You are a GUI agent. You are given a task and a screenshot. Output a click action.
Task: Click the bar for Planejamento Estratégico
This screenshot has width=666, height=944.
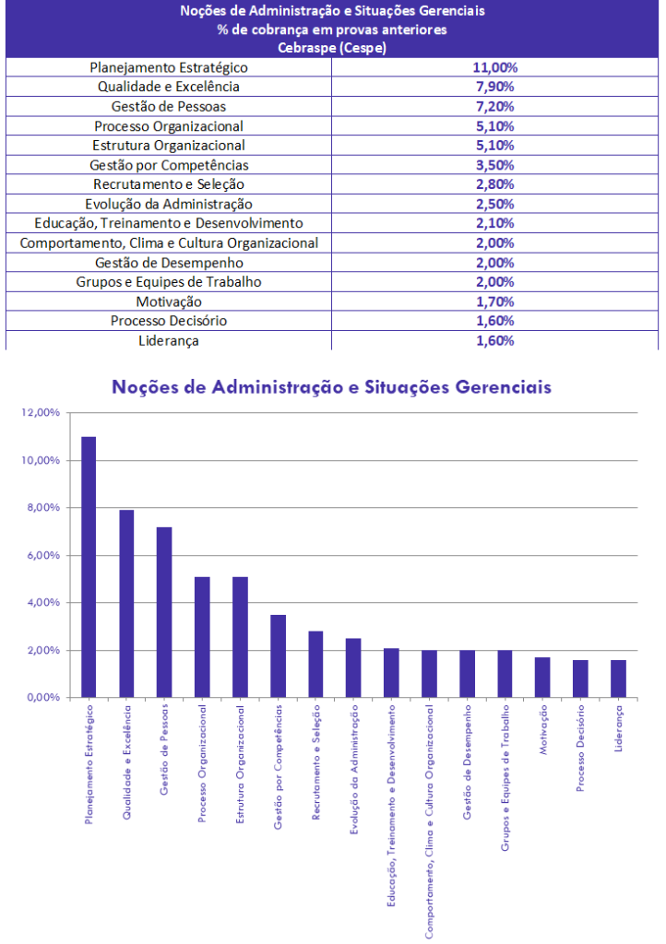click(x=89, y=567)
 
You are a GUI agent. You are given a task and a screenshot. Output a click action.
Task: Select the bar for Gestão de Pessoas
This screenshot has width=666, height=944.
click(x=164, y=612)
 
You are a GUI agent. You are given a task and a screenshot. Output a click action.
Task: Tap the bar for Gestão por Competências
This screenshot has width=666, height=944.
click(x=278, y=655)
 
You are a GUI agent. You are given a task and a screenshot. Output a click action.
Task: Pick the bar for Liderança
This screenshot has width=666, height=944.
click(x=618, y=678)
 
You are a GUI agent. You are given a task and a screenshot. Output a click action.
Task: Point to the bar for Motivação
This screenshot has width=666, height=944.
click(x=542, y=677)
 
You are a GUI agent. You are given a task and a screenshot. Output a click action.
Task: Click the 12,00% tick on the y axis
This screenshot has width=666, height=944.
click(x=39, y=412)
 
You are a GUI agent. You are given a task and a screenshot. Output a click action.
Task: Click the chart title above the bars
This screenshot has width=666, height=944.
click(x=331, y=386)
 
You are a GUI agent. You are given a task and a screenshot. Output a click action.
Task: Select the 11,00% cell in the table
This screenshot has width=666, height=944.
click(x=494, y=67)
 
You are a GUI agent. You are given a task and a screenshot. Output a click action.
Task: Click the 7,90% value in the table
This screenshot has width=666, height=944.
click(x=494, y=87)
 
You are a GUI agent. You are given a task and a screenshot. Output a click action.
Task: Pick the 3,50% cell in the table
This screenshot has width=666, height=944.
click(x=494, y=165)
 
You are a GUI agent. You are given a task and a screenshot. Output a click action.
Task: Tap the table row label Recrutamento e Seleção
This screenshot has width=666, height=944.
click(x=169, y=184)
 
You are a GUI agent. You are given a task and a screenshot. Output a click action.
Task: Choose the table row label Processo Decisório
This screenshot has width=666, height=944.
click(x=169, y=321)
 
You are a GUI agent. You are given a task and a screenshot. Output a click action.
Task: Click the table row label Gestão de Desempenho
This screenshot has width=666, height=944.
click(x=169, y=263)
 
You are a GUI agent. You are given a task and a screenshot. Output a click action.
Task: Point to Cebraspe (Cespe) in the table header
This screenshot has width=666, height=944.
click(x=333, y=48)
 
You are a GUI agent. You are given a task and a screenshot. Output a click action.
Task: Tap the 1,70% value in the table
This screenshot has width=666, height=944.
click(x=494, y=301)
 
